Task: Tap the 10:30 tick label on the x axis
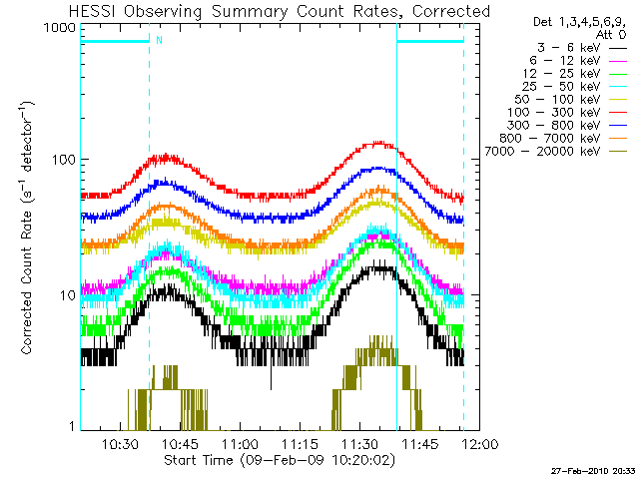(x=119, y=445)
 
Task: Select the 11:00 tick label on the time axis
(x=240, y=445)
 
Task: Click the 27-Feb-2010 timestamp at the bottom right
(x=592, y=468)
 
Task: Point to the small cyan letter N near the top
(x=158, y=41)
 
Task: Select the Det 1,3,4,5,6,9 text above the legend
(x=568, y=22)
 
